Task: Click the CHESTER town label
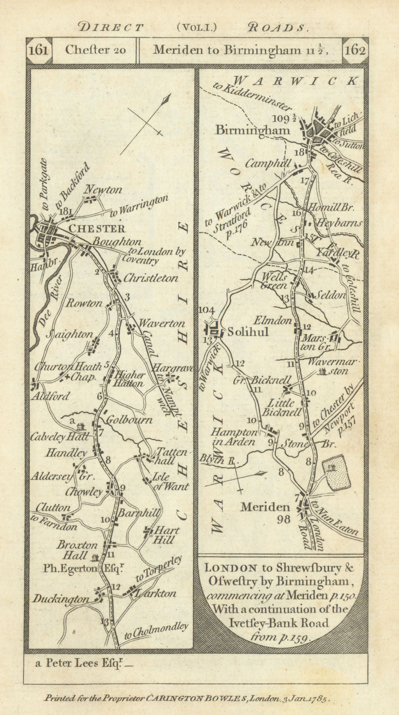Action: [98, 229]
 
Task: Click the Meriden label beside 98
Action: [265, 508]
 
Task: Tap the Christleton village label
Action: [150, 278]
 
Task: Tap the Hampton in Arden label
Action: [233, 437]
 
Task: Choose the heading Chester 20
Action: [95, 50]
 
